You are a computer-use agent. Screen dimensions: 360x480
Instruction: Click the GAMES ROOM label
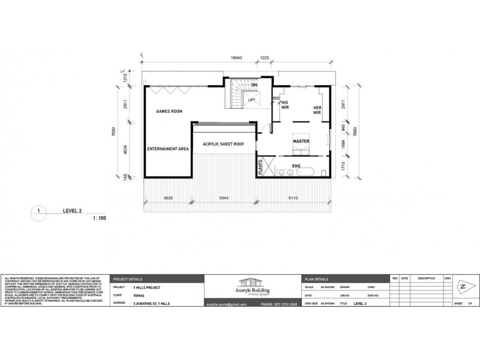pyautogui.click(x=169, y=112)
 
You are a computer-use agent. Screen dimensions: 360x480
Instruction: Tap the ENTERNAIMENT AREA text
pyautogui.click(x=169, y=148)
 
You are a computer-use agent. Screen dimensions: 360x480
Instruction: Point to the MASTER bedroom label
pyautogui.click(x=301, y=142)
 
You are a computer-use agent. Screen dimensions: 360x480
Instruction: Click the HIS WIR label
pyautogui.click(x=286, y=106)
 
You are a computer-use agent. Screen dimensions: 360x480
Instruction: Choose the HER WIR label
pyautogui.click(x=318, y=110)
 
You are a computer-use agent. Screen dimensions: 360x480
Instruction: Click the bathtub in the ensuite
pyautogui.click(x=304, y=173)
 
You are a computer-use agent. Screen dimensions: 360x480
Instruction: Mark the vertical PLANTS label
pyautogui.click(x=261, y=166)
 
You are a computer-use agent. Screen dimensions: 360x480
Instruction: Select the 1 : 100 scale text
pyautogui.click(x=99, y=218)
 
